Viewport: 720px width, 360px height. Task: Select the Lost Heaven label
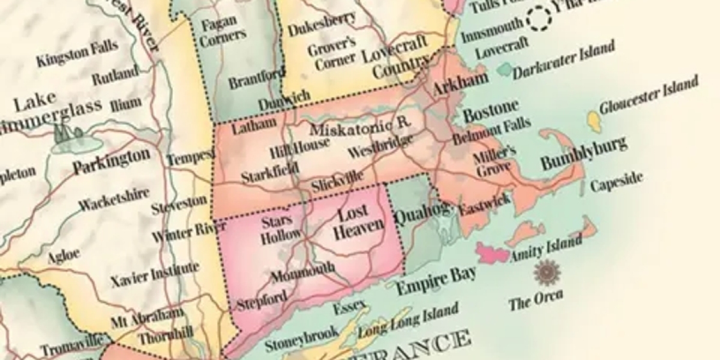click(x=358, y=223)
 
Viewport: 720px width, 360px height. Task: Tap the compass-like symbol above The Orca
click(x=547, y=273)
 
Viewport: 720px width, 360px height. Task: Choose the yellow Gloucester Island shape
click(x=594, y=121)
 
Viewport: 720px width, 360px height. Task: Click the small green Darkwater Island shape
click(x=503, y=70)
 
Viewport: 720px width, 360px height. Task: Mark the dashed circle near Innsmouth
click(x=539, y=18)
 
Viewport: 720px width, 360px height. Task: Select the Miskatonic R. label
click(x=359, y=127)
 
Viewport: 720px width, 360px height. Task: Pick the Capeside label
click(x=616, y=181)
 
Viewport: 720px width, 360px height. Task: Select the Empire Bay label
click(x=436, y=279)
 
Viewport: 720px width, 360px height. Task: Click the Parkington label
click(x=112, y=161)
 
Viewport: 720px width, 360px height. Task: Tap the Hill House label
click(x=299, y=146)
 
